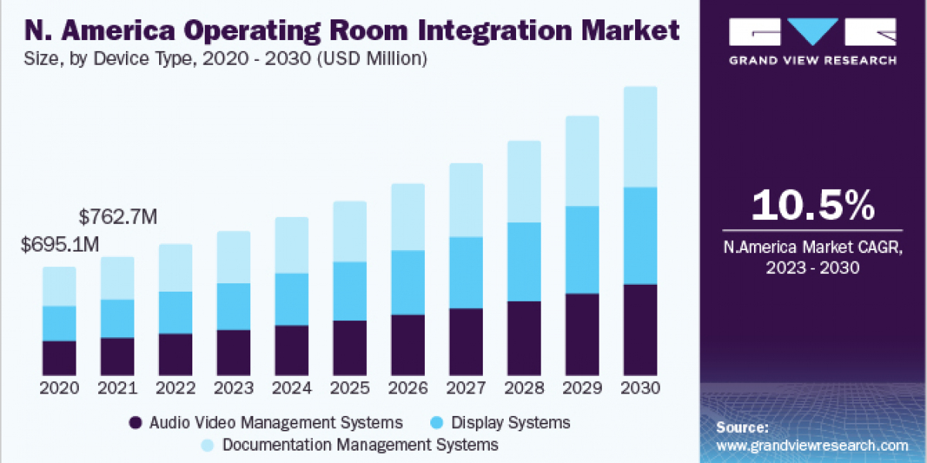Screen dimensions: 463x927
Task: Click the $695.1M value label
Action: click(x=60, y=245)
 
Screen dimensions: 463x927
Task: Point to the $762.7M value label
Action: click(x=118, y=217)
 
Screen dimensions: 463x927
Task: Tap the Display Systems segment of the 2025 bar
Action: click(x=349, y=291)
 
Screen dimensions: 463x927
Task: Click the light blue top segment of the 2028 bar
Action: click(x=524, y=181)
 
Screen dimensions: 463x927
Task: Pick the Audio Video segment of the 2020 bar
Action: click(x=59, y=357)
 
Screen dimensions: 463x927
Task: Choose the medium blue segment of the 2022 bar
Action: click(x=175, y=313)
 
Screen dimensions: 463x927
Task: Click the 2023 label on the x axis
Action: click(x=233, y=388)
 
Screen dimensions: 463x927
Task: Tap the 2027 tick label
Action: click(x=466, y=388)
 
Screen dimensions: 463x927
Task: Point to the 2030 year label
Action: click(x=640, y=388)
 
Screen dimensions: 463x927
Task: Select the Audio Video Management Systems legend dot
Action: click(x=136, y=422)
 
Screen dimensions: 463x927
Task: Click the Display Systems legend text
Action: click(x=511, y=422)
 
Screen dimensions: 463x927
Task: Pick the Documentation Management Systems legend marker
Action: click(x=209, y=445)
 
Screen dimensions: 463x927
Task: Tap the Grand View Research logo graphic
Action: click(x=813, y=32)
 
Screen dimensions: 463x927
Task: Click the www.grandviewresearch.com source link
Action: click(x=812, y=445)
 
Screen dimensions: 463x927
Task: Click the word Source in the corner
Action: click(x=742, y=428)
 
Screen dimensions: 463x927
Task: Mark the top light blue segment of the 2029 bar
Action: click(x=582, y=161)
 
